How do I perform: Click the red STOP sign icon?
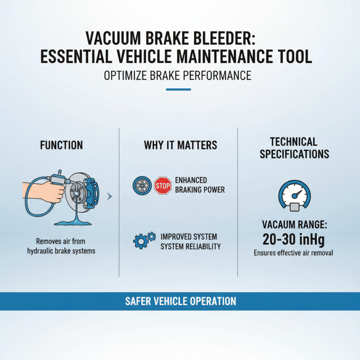point(162,185)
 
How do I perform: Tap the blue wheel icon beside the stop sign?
point(142,185)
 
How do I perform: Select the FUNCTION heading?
point(61,145)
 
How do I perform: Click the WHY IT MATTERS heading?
point(180,145)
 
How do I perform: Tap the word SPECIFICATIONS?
point(294,154)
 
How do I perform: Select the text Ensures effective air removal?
point(293,253)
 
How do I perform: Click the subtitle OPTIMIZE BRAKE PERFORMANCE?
point(177,75)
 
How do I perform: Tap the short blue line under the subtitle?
point(178,89)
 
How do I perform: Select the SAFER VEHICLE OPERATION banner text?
point(180,301)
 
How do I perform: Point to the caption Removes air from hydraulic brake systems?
point(61,247)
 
